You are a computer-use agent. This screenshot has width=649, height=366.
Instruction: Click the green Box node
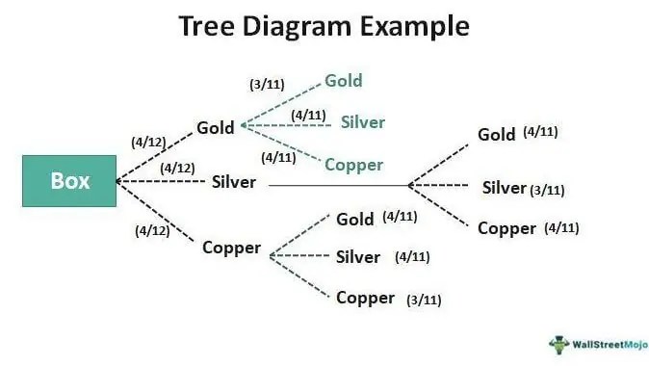click(x=69, y=180)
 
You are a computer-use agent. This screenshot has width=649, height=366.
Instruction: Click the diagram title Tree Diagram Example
click(x=324, y=26)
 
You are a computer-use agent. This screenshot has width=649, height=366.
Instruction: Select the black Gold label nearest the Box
click(x=216, y=127)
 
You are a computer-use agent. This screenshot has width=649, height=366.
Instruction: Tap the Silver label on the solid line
click(x=234, y=181)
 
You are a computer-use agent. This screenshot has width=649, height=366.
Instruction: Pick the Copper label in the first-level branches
click(x=231, y=248)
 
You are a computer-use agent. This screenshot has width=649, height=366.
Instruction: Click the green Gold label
click(x=344, y=81)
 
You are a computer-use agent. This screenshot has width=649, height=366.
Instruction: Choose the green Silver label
click(x=362, y=122)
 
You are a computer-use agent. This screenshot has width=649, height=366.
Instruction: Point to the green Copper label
click(x=353, y=165)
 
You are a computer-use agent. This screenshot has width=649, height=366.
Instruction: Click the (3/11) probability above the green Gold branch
click(x=267, y=85)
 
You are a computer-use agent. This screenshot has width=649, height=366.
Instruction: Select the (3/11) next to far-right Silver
click(x=547, y=190)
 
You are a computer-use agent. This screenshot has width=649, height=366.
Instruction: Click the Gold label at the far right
click(x=497, y=134)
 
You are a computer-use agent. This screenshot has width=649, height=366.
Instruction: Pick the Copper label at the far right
click(x=506, y=228)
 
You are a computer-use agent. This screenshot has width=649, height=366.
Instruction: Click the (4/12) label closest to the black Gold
click(x=149, y=143)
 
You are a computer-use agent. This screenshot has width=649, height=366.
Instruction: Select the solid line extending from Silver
click(x=337, y=185)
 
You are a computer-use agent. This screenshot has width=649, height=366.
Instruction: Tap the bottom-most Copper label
click(x=365, y=298)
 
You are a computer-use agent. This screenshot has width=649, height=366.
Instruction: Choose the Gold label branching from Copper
click(x=354, y=219)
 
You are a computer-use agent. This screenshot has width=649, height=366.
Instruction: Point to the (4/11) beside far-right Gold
click(x=540, y=132)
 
